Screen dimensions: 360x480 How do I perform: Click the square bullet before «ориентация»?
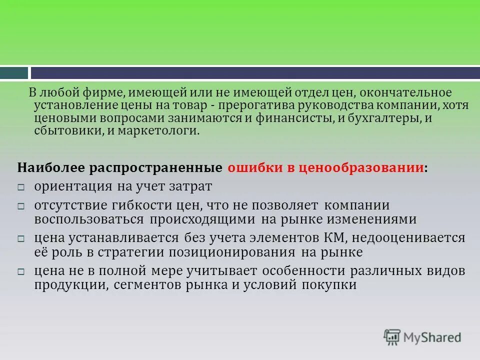pos(21,187)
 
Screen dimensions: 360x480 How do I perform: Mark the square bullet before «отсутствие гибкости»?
pos(21,206)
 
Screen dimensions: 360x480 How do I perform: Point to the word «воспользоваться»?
pos(89,219)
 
